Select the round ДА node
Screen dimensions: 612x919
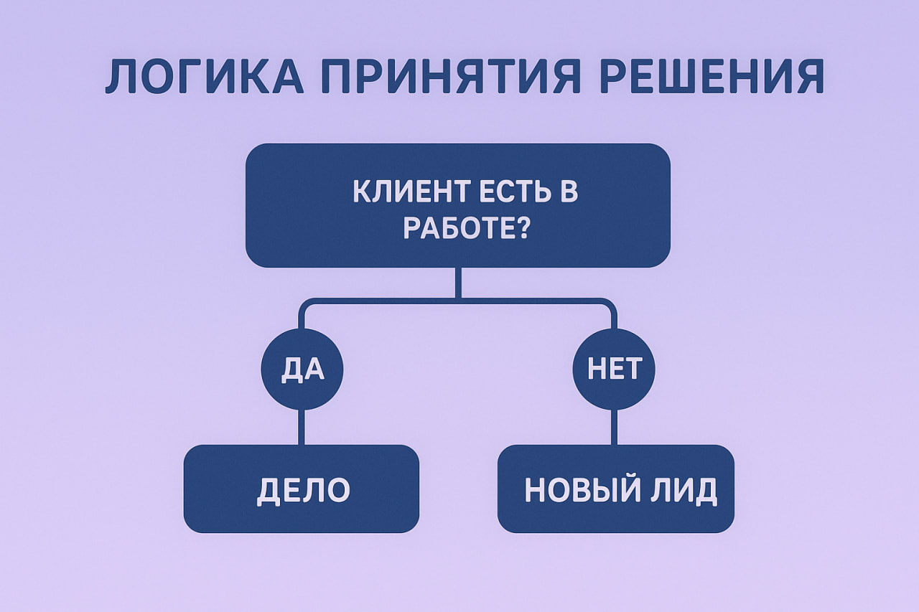(x=302, y=369)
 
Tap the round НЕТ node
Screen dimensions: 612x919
(x=613, y=369)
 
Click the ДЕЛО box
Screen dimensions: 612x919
(x=302, y=489)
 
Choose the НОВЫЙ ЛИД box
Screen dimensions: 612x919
(x=615, y=489)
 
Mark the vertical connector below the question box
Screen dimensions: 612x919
(x=458, y=283)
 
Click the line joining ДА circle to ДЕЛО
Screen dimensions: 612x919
(x=302, y=427)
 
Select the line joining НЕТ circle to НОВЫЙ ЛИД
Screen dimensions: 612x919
(x=614, y=427)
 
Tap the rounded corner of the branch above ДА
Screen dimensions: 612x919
(x=305, y=305)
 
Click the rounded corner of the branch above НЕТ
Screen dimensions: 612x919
(x=610, y=305)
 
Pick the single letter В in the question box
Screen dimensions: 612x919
(x=569, y=193)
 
